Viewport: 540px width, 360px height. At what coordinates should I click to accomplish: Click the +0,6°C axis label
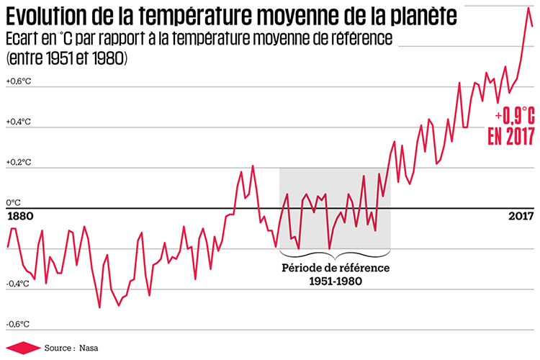[19, 81]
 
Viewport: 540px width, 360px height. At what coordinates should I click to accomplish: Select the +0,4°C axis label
[19, 122]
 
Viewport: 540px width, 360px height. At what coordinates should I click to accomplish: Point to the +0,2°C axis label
[19, 163]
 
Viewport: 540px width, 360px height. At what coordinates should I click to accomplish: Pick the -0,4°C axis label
[18, 283]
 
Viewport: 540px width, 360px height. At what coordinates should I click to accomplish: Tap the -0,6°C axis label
[18, 324]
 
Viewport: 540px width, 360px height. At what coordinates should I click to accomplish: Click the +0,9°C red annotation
[513, 116]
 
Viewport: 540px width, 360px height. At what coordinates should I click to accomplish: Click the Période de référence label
[335, 268]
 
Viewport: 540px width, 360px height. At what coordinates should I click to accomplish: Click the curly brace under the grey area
[334, 253]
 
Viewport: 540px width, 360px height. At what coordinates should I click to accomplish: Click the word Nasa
[87, 347]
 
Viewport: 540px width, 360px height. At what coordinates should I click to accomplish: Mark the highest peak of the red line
[528, 8]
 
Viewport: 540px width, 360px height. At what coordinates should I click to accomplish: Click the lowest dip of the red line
[99, 307]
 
